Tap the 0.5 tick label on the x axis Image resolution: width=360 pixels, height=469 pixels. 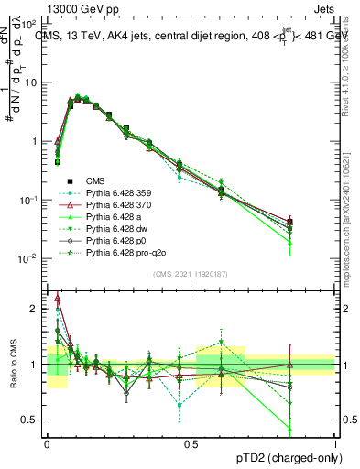pyautogui.click(x=191, y=443)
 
